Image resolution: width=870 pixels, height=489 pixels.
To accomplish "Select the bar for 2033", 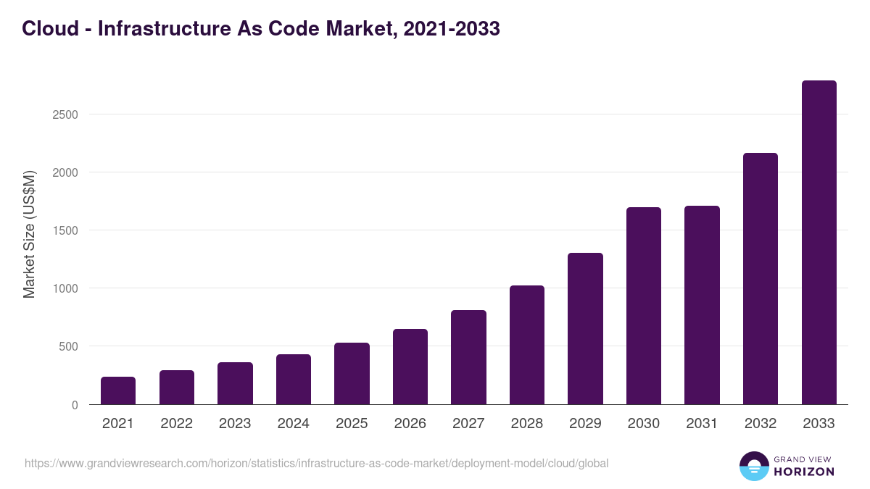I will pyautogui.click(x=819, y=243).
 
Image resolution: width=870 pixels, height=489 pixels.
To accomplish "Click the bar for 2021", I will pyautogui.click(x=118, y=390).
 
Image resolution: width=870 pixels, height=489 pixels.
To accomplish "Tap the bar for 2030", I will pyautogui.click(x=644, y=306).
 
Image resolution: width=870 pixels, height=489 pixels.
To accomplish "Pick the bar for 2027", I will pyautogui.click(x=468, y=357).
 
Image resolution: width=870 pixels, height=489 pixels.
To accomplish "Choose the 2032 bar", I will pyautogui.click(x=760, y=279).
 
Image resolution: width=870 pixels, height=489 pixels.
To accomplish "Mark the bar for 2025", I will pyautogui.click(x=352, y=373).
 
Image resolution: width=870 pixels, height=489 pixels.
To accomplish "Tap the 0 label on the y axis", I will pyautogui.click(x=74, y=405).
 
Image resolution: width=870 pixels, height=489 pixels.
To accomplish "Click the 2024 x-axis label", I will pyautogui.click(x=293, y=424).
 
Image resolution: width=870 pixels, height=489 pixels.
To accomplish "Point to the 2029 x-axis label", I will pyautogui.click(x=585, y=424).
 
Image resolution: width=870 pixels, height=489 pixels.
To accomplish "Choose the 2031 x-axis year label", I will pyautogui.click(x=702, y=424).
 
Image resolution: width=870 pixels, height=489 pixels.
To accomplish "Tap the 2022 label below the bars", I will pyautogui.click(x=176, y=424).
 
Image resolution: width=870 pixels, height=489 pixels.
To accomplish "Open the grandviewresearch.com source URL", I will pyautogui.click(x=316, y=463).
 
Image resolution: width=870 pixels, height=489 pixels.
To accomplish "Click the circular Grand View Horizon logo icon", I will pyautogui.click(x=754, y=466).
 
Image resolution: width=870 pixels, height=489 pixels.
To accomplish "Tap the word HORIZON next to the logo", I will pyautogui.click(x=803, y=472).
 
